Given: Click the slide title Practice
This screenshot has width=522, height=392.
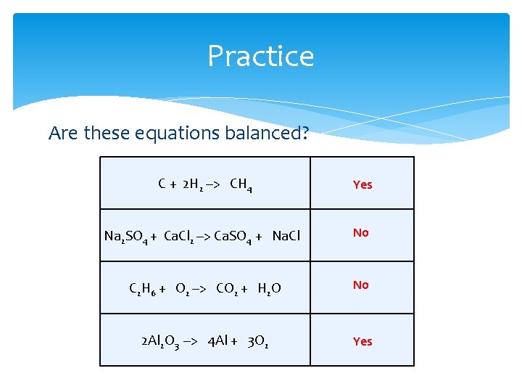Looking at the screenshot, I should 260,56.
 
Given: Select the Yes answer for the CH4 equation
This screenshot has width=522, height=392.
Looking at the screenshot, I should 362,184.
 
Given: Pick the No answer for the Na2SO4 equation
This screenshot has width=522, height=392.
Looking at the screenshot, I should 360,232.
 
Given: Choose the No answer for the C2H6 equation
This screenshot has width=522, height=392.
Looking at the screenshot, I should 360,285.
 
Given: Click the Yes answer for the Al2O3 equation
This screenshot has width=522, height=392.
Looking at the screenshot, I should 362,341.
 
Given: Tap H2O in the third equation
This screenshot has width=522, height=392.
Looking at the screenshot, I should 269,289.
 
